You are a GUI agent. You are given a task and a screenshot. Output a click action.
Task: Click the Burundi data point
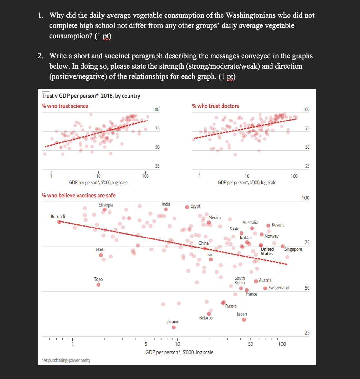point(59,222)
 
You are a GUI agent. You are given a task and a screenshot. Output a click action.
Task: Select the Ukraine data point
point(174,327)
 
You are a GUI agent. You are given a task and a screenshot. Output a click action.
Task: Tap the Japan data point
point(244,320)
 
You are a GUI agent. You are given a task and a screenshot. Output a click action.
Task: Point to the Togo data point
point(99,285)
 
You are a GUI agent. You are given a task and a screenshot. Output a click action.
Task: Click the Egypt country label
point(195,206)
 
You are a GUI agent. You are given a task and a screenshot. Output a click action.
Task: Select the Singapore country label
point(293,249)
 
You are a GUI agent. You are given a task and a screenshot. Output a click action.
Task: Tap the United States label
point(267,251)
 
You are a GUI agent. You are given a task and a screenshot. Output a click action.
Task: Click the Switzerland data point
point(265,288)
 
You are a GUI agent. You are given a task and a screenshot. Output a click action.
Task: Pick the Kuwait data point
point(268,225)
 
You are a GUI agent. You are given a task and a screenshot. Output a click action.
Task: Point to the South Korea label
point(240,280)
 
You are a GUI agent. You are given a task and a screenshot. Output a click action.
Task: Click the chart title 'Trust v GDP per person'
point(91,96)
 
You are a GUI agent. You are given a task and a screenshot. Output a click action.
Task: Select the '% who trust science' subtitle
point(65,106)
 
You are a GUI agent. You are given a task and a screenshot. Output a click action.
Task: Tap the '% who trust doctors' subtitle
point(215,106)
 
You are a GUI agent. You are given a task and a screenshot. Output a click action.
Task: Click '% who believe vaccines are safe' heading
point(79,195)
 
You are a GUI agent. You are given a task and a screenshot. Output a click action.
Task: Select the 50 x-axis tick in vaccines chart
point(251,344)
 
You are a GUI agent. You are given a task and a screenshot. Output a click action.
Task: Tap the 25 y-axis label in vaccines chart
point(307,333)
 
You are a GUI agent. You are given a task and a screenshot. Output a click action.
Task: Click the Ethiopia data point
point(104,210)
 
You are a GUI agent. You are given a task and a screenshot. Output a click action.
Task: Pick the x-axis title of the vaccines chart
point(179,352)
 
